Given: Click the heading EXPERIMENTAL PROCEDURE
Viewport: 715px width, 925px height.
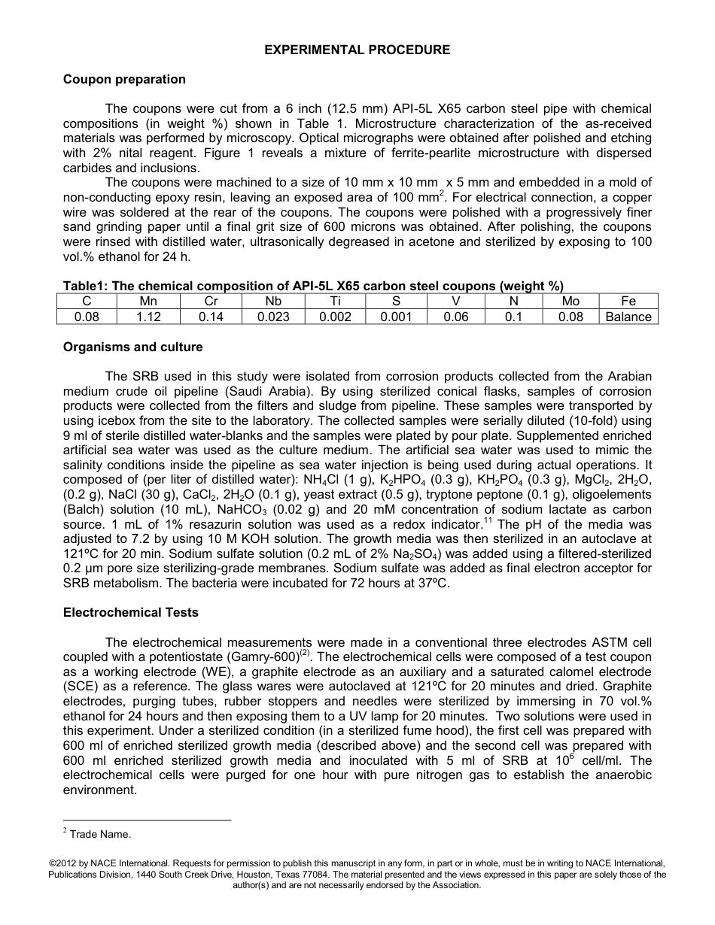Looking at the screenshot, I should click(357, 50).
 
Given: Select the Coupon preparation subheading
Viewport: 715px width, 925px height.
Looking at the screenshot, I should click(124, 79).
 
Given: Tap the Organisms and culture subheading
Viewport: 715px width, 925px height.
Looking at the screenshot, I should click(133, 347).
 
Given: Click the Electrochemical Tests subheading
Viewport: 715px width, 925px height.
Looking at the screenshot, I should click(131, 612).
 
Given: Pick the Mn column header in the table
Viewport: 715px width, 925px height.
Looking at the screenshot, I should click(149, 301).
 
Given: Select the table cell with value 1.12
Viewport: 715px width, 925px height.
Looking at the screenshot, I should click(149, 317).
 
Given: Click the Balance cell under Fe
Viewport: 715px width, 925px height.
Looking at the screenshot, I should click(628, 317).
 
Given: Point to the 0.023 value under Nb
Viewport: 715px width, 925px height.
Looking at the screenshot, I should click(273, 317).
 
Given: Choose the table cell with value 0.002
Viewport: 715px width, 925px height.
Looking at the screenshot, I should click(335, 317).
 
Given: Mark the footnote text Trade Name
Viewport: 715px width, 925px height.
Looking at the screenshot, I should click(100, 834).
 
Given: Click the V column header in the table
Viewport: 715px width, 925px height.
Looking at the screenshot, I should click(455, 301).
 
